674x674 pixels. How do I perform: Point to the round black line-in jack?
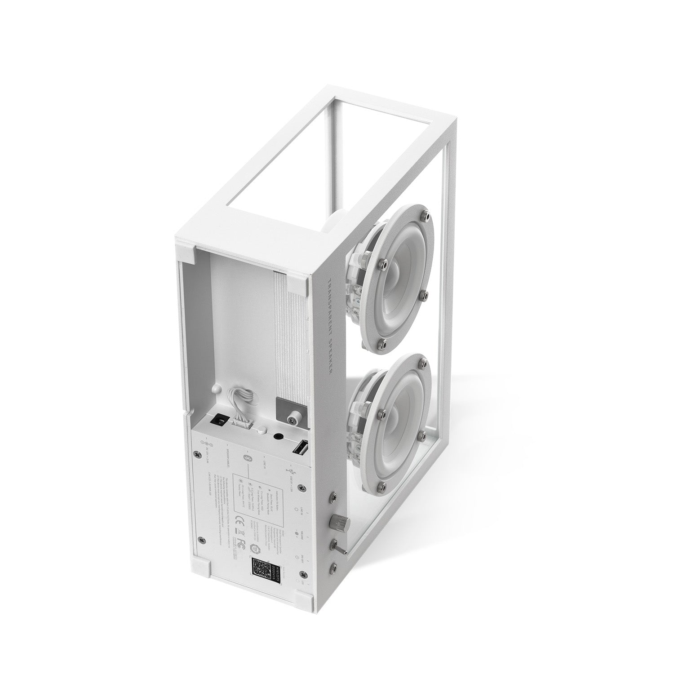point(278,436)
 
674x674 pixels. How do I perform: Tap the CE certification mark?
point(240,522)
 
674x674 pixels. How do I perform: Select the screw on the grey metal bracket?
point(293,420)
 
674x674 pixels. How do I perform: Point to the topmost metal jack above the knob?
point(333,497)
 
